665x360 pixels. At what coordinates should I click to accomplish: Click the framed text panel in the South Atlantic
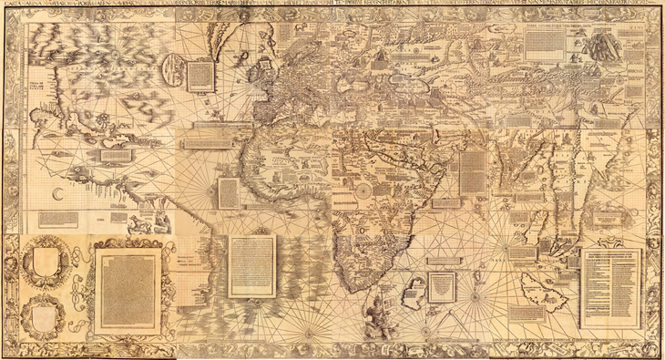(x=251, y=265)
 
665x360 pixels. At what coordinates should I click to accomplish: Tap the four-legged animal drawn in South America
(x=145, y=221)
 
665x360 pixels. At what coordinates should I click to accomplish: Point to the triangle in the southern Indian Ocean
(x=441, y=287)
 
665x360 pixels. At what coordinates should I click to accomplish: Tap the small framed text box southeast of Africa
(x=441, y=286)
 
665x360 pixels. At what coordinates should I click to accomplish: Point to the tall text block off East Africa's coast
(x=473, y=171)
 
